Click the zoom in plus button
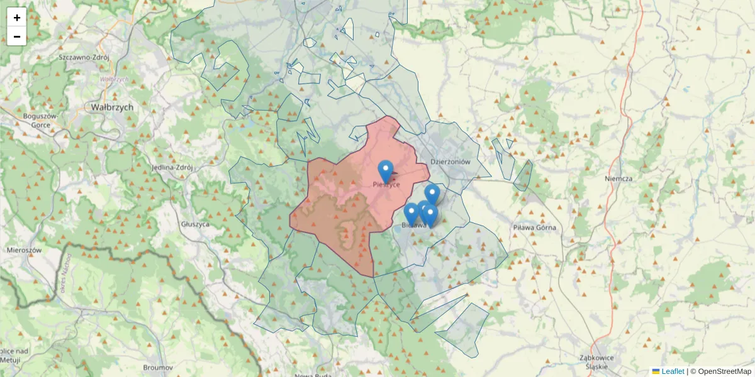point(16,18)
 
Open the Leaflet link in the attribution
point(673,371)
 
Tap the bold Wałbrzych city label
point(112,107)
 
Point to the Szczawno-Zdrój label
point(84,57)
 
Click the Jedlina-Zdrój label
point(171,168)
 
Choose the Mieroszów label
point(23,249)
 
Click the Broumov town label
point(158,366)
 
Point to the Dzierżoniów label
point(450,161)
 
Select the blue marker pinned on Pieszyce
point(386,170)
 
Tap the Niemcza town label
point(617,178)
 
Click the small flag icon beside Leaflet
point(656,371)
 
